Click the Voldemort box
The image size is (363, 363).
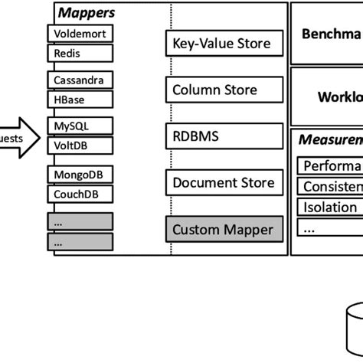click(x=80, y=34)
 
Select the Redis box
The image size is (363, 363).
click(x=80, y=53)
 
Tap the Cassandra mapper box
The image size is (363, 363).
click(x=80, y=80)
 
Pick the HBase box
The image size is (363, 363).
click(x=80, y=100)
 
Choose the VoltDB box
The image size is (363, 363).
click(x=80, y=145)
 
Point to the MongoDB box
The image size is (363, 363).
click(x=80, y=175)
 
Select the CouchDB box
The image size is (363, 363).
click(x=80, y=194)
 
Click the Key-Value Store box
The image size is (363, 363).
click(x=222, y=44)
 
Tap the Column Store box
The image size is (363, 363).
click(x=222, y=90)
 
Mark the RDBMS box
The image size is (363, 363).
click(x=222, y=136)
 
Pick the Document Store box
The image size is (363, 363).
click(x=222, y=182)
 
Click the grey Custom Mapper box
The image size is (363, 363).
click(x=222, y=229)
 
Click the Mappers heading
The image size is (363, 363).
click(x=86, y=12)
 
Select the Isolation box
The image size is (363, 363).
click(x=329, y=207)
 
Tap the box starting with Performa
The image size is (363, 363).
click(x=329, y=166)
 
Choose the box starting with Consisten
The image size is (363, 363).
click(x=329, y=187)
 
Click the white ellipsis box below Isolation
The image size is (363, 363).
click(x=329, y=227)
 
